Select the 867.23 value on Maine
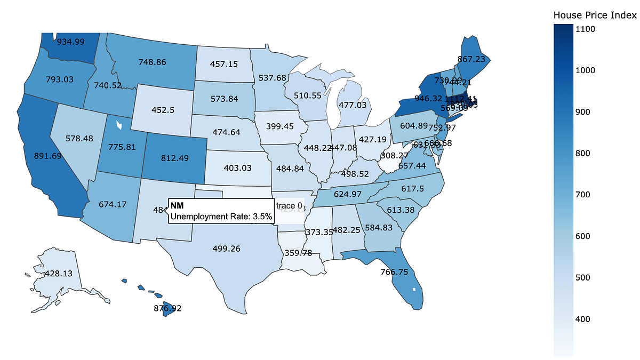475,60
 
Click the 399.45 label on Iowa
280,126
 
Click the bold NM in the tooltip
177,206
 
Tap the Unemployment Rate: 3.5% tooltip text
221,217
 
